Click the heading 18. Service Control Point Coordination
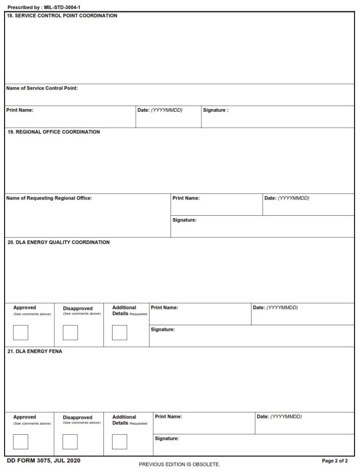(x=62, y=16)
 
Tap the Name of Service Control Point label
(x=42, y=88)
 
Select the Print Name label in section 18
(x=20, y=110)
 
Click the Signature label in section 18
(x=216, y=110)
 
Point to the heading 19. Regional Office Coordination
(x=54, y=132)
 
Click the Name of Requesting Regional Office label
(x=49, y=198)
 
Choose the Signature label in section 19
(x=185, y=220)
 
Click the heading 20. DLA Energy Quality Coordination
(x=59, y=243)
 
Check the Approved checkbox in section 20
(x=21, y=333)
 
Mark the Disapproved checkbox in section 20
(x=70, y=333)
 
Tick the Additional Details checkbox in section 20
(x=120, y=333)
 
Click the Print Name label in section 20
(x=164, y=308)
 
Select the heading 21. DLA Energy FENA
(x=35, y=352)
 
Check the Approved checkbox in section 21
(x=21, y=442)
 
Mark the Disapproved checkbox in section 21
(x=70, y=442)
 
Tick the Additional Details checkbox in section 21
(x=120, y=442)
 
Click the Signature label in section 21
(x=167, y=438)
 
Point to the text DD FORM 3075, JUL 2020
(x=40, y=461)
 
